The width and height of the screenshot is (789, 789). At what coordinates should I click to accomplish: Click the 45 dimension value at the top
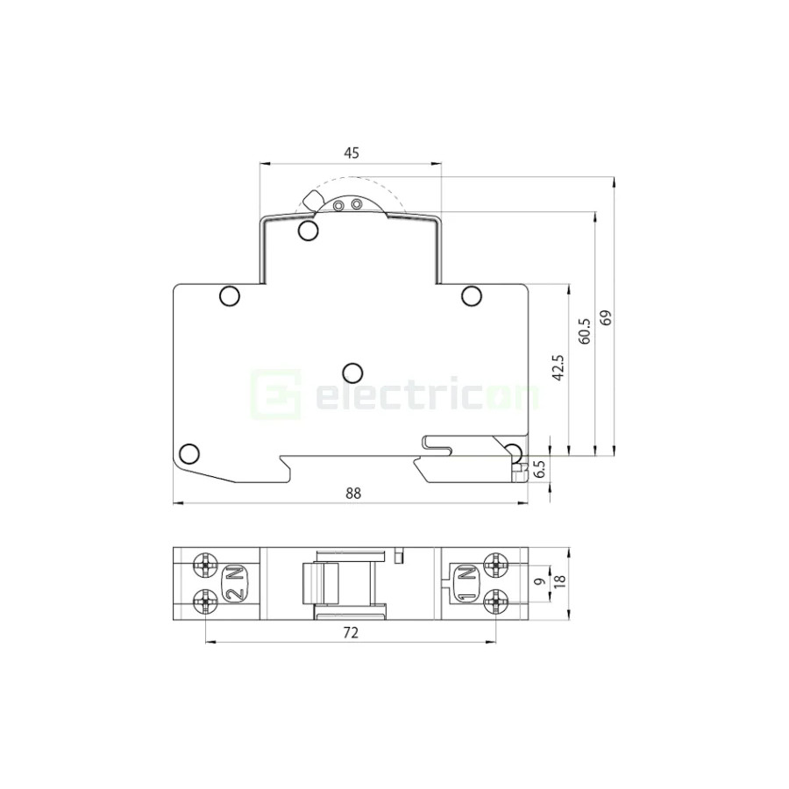pyautogui.click(x=351, y=153)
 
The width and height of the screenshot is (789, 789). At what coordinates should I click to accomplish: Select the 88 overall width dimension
pyautogui.click(x=352, y=494)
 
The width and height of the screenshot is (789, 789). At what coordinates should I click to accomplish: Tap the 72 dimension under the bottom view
pyautogui.click(x=352, y=631)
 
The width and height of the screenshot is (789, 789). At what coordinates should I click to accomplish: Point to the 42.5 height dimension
pyautogui.click(x=558, y=367)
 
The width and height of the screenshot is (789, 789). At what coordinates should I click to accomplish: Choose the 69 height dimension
pyautogui.click(x=604, y=317)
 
